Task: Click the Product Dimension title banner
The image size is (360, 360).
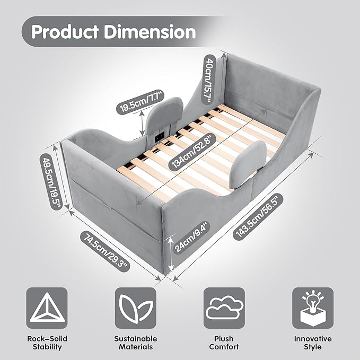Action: (113, 32)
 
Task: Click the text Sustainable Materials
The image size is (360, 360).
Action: (136, 343)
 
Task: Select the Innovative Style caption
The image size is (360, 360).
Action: (313, 343)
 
